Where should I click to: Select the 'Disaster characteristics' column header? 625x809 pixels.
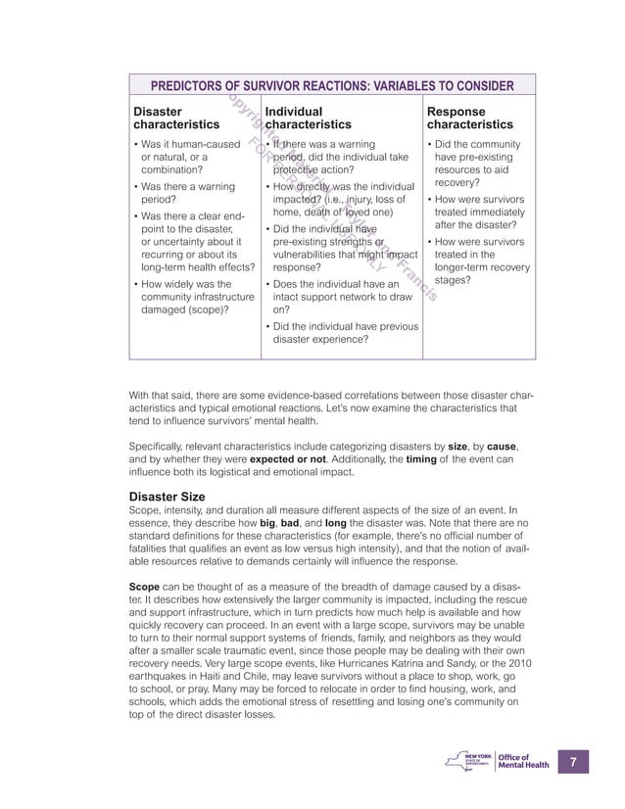point(176,119)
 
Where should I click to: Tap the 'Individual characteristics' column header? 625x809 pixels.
point(308,119)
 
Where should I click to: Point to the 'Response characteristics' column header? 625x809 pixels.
point(470,119)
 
